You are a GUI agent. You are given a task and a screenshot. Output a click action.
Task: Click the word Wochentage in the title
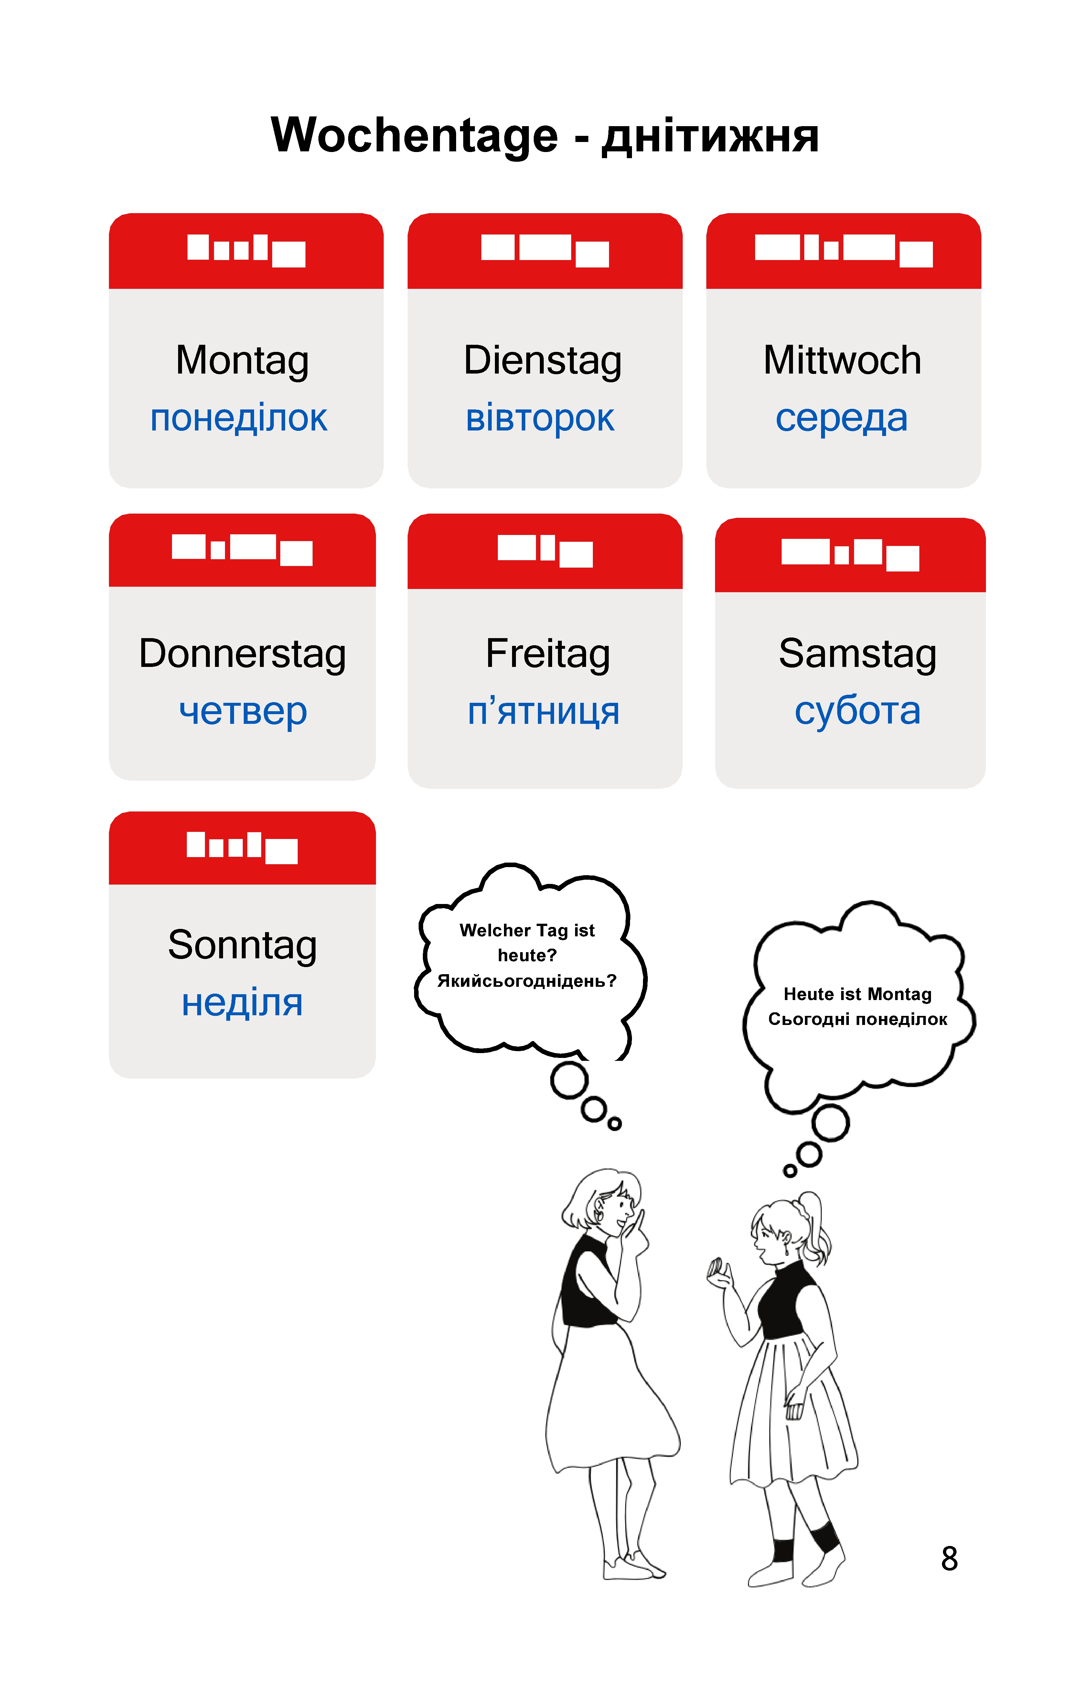[x=414, y=136]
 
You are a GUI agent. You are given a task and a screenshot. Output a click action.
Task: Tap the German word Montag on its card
[x=242, y=361]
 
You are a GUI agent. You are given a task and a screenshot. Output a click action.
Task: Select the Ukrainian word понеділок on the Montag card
[x=239, y=418]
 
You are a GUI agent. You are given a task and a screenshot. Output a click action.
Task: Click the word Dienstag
[x=543, y=361]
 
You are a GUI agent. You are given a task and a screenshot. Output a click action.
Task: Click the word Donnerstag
[x=242, y=654]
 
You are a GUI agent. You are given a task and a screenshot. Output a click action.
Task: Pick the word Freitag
[x=548, y=654]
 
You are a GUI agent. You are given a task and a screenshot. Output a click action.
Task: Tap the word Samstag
[x=857, y=654]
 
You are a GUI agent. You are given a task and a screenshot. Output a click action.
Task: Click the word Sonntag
[x=242, y=946]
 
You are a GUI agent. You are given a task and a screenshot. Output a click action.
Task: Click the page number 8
[x=949, y=1558]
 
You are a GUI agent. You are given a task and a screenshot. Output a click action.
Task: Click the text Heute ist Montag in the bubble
[x=857, y=994]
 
